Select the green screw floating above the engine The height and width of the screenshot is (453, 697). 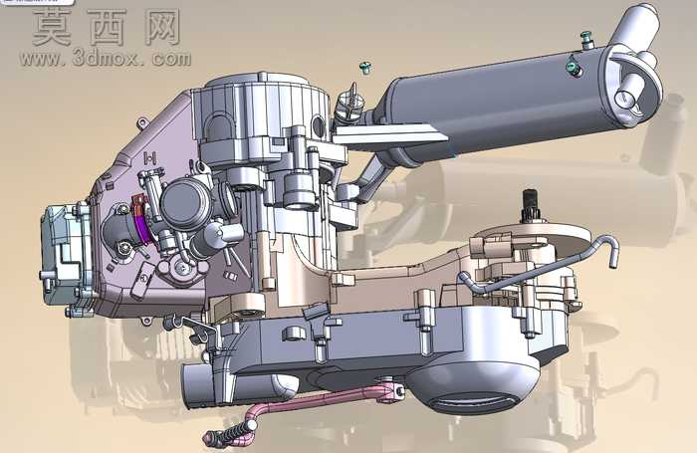(365, 68)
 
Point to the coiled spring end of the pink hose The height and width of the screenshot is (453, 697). (226, 432)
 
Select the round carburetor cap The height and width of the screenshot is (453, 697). (186, 204)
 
